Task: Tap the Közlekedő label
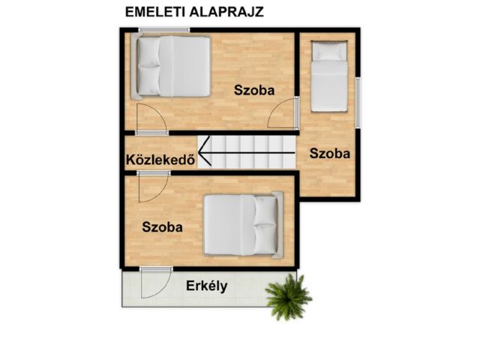pos(160,159)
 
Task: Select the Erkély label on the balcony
pos(207,286)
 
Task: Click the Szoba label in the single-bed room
pos(329,153)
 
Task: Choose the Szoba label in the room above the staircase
pos(254,90)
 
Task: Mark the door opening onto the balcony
pos(155,282)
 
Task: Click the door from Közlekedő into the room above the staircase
pos(151,120)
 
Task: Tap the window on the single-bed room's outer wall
pos(358,94)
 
